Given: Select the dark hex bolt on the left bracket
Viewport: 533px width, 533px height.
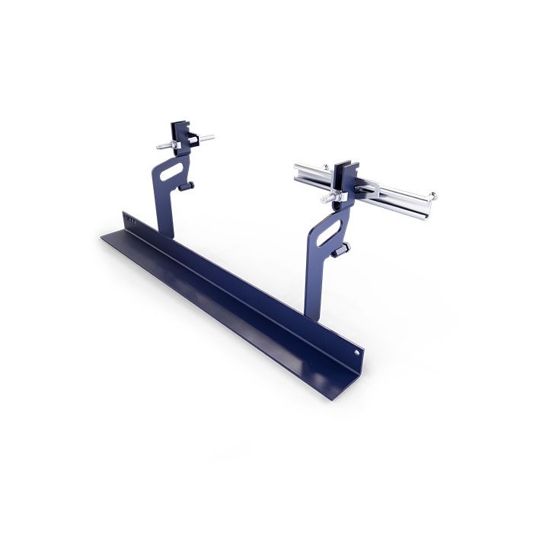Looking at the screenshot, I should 193,186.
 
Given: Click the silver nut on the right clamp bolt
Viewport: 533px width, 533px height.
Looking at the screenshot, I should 332,199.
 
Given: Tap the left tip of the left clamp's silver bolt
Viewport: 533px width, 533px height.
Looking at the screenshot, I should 158,148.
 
